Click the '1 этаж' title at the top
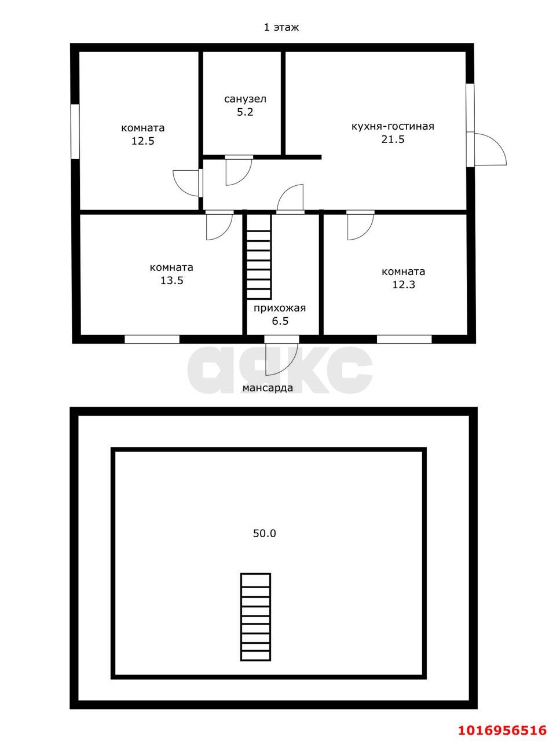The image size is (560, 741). (x=281, y=27)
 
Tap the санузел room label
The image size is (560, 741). (x=245, y=99)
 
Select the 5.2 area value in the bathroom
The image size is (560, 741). (x=245, y=112)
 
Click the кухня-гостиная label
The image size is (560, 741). (x=393, y=127)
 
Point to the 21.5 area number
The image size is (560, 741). (x=393, y=139)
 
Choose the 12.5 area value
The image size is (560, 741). (x=143, y=141)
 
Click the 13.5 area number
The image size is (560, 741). (x=171, y=280)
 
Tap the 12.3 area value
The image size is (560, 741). (x=404, y=285)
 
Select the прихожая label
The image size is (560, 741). (x=280, y=308)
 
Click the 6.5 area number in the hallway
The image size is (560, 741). (x=280, y=321)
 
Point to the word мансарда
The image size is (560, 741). (x=268, y=388)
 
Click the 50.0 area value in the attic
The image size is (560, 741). (x=264, y=533)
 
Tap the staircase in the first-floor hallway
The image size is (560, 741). (x=259, y=256)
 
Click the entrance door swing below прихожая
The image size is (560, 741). (x=281, y=355)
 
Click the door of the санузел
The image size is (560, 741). (x=239, y=170)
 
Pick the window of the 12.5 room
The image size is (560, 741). (x=75, y=131)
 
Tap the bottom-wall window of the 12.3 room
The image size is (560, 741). (x=404, y=339)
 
